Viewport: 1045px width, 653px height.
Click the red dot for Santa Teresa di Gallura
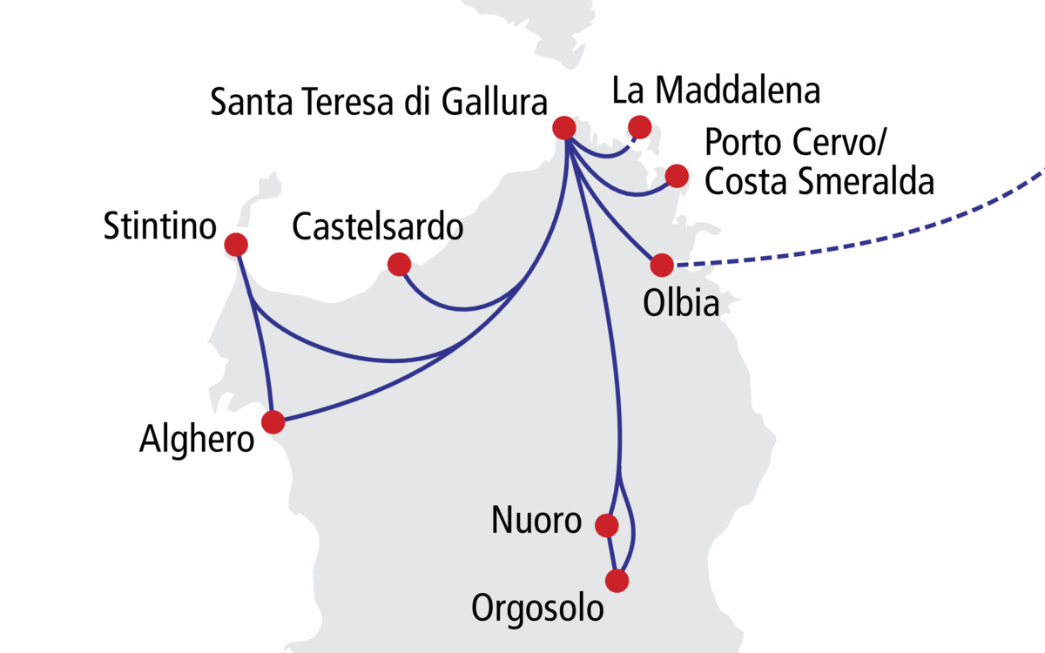(x=564, y=128)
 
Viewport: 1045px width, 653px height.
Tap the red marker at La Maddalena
(x=640, y=126)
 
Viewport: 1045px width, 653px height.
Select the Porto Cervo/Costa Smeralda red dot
(x=676, y=176)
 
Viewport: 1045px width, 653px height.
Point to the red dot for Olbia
(x=662, y=265)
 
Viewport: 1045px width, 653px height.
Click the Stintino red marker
(x=235, y=245)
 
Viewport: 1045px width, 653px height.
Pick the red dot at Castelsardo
(x=399, y=264)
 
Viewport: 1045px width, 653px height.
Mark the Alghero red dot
(x=273, y=422)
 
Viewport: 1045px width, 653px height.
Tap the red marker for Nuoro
(x=606, y=525)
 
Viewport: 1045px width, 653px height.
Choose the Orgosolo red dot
(x=617, y=581)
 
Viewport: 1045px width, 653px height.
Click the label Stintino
(x=159, y=228)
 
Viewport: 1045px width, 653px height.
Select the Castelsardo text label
(x=377, y=228)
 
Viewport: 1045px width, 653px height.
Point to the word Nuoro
(x=536, y=521)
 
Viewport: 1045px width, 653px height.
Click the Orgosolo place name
(x=537, y=609)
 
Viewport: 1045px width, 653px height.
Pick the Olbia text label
(x=681, y=304)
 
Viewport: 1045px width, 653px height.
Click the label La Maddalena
(x=716, y=90)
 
